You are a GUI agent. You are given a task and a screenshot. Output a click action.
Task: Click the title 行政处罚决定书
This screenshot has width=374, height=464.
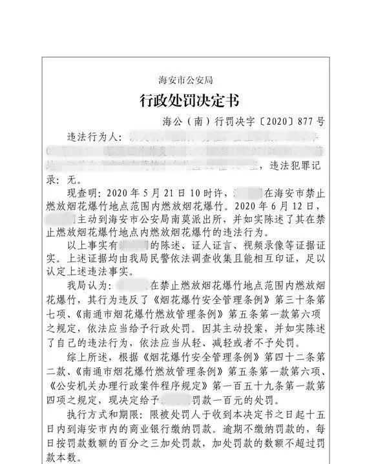point(188,101)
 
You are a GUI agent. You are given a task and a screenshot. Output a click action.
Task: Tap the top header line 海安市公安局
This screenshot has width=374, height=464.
point(187,81)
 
